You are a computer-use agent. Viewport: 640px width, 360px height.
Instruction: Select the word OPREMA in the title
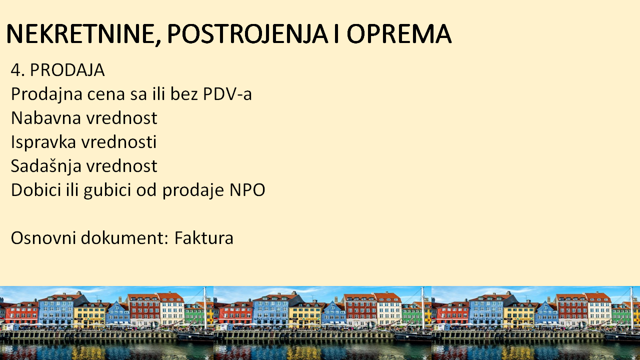[x=399, y=33]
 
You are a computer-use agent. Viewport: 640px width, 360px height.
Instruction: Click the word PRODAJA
[x=67, y=70]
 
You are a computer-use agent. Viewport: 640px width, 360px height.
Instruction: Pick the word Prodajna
[x=46, y=94]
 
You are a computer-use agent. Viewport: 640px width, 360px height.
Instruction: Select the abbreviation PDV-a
[x=227, y=94]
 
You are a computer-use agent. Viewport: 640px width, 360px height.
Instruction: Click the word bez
[x=184, y=93]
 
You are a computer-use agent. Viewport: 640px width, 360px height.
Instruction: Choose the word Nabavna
[x=46, y=118]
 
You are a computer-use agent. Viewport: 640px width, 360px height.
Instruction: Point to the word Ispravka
[x=43, y=142]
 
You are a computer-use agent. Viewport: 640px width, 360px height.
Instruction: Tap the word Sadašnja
[x=46, y=166]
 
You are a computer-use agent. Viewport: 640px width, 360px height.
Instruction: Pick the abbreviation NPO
[x=247, y=190]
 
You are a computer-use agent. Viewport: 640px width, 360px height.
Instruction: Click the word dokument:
[x=125, y=237]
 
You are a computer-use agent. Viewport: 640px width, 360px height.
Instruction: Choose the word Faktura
[x=204, y=237]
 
